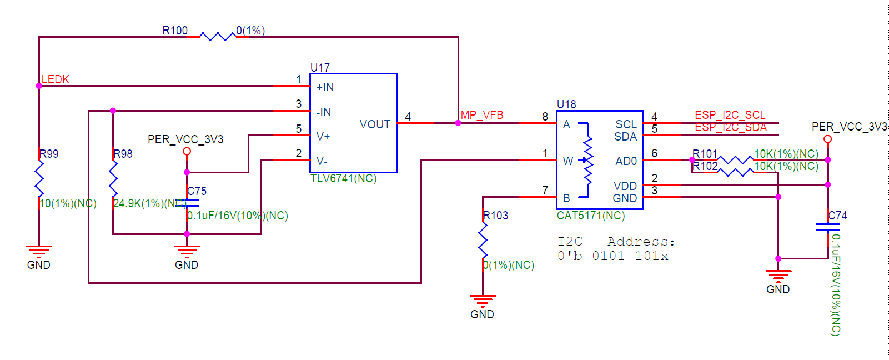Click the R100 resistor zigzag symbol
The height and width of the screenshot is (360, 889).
point(217,37)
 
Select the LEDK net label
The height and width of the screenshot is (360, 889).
point(56,79)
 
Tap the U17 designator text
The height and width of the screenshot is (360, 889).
point(320,68)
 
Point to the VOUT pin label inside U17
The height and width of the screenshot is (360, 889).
point(375,124)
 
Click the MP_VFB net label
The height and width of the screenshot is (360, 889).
point(482,115)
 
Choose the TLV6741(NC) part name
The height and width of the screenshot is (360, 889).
point(343,178)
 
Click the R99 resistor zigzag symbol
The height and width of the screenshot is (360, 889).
point(39,178)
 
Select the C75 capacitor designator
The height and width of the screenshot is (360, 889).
point(197,191)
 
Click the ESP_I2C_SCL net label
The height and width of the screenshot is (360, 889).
point(730,115)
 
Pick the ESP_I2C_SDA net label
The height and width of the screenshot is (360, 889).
point(730,127)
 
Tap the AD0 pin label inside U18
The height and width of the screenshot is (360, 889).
point(626,161)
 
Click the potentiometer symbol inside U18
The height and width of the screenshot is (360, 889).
point(586,160)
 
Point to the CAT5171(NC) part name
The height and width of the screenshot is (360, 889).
point(591,216)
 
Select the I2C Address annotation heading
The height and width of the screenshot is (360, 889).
point(616,242)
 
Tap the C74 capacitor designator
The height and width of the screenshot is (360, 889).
point(837,216)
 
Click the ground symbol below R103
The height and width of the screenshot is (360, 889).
point(483,301)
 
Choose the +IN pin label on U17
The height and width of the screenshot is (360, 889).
point(325,87)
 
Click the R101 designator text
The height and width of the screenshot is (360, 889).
point(705,154)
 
